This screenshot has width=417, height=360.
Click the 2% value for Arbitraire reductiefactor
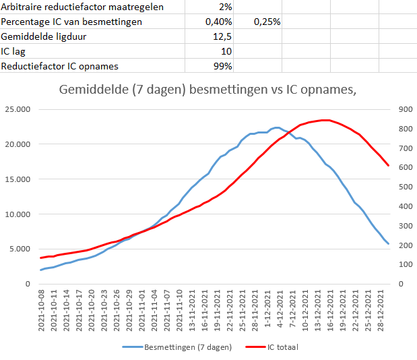tap(224, 7)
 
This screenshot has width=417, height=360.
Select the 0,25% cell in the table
tap(267, 22)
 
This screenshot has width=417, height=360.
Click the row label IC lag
tap(15, 51)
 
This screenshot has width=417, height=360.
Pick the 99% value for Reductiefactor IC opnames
tap(222, 66)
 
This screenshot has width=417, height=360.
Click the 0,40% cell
tap(218, 22)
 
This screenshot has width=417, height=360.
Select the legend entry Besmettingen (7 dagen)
tap(187, 347)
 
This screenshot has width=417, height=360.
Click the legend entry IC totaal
tap(282, 347)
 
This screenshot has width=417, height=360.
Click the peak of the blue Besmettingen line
tap(277, 127)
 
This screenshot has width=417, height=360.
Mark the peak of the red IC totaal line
tap(325, 120)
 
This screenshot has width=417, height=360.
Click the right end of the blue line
tap(388, 243)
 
